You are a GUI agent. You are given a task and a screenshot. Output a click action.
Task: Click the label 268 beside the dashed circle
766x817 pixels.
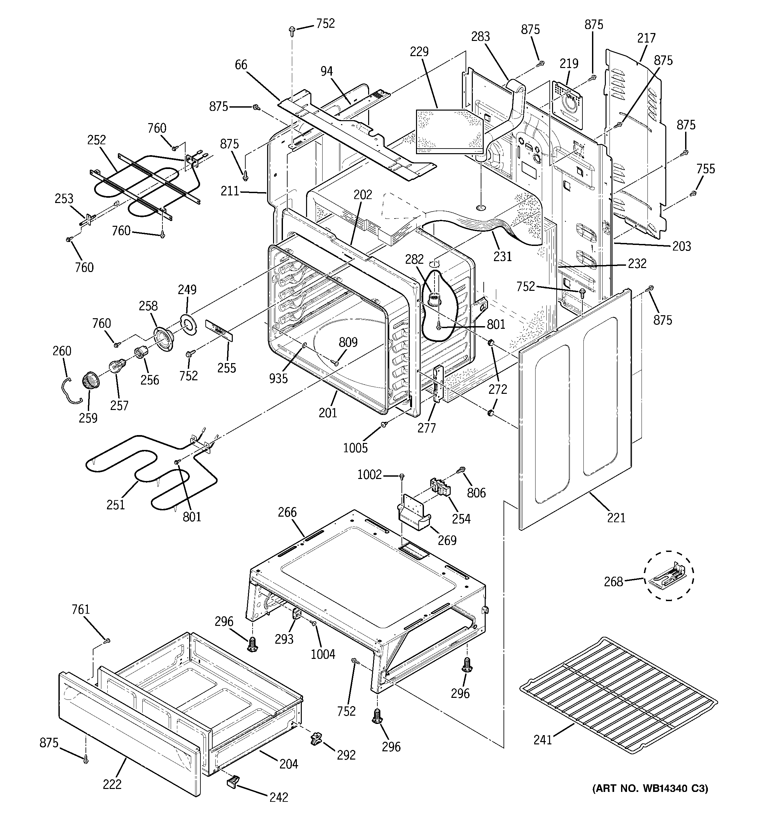(613, 582)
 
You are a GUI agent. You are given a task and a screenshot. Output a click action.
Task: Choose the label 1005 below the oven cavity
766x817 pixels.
(355, 448)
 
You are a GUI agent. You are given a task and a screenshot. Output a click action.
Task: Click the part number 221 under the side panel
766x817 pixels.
(615, 518)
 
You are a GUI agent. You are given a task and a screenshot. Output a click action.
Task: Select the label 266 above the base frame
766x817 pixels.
(287, 512)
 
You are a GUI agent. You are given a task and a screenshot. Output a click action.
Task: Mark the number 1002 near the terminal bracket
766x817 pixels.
(369, 475)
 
